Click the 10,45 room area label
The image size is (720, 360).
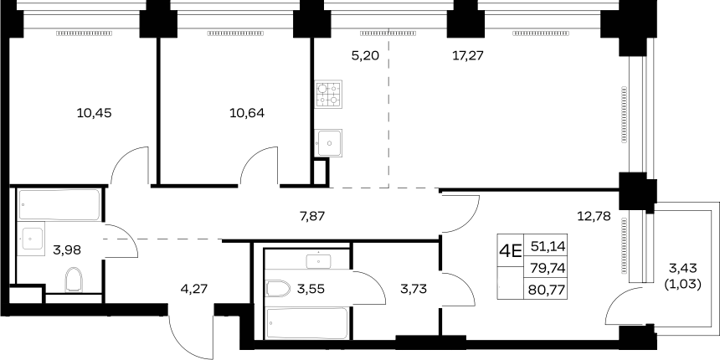tap(94, 112)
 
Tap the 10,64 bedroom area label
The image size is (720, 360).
tap(247, 112)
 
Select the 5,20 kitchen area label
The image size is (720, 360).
tap(365, 56)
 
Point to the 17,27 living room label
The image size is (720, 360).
tap(467, 56)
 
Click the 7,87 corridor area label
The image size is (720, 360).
tap(312, 216)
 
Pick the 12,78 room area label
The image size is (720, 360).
tap(594, 216)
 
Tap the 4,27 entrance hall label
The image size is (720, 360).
tap(194, 289)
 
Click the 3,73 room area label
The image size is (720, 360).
tap(414, 289)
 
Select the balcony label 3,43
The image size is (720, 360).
tap(682, 269)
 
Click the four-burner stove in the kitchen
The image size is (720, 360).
tap(328, 95)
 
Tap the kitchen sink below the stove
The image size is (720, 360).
tap(328, 143)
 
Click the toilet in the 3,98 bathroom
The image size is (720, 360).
tap(74, 280)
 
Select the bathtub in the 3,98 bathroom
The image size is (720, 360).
tap(59, 205)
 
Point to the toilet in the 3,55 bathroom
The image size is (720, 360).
tap(278, 289)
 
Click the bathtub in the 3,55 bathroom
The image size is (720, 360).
tap(307, 323)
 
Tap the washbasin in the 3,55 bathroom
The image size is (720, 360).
tap(319, 260)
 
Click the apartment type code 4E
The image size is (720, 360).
tap(511, 252)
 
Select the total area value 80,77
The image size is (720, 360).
tap(548, 290)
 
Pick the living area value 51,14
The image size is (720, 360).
tap(548, 247)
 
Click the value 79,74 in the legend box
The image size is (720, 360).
tap(548, 268)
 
